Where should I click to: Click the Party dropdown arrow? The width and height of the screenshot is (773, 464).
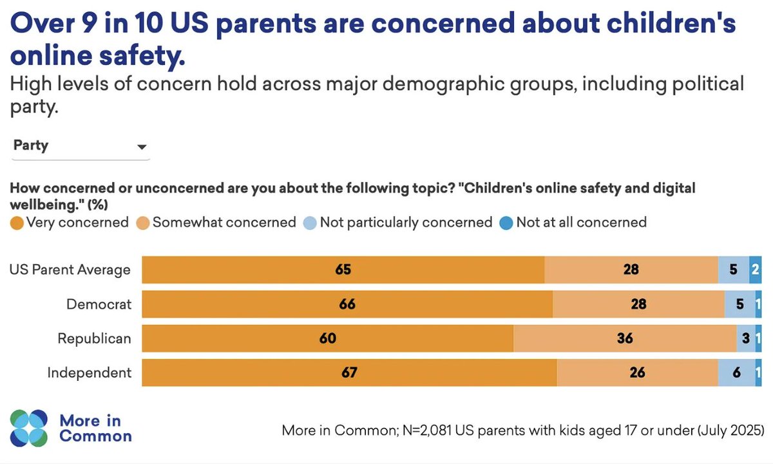[x=142, y=147]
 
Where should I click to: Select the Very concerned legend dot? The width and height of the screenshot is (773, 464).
[x=17, y=223]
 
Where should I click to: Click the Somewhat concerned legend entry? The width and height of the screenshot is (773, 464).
[x=216, y=222]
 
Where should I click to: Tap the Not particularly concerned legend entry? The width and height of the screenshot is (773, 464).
[x=398, y=222]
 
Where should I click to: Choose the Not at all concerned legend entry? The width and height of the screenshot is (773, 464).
[x=573, y=222]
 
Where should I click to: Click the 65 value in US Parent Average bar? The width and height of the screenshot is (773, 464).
[x=343, y=269]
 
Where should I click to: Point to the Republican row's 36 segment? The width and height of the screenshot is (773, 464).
[x=624, y=338]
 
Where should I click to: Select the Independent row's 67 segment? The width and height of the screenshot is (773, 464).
[x=348, y=372]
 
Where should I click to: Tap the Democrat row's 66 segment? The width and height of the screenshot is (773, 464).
[x=347, y=304]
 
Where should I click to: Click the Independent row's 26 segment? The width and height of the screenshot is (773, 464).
[x=637, y=372]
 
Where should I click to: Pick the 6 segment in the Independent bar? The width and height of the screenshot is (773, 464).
[x=736, y=372]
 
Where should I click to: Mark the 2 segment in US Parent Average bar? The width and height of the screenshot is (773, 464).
[x=755, y=269]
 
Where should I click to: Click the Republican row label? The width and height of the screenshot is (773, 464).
[x=94, y=338]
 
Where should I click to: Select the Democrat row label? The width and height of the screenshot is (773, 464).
[x=99, y=304]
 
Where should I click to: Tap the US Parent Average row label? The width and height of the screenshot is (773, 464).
[x=70, y=269]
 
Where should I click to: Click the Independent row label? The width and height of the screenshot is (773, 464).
[x=90, y=372]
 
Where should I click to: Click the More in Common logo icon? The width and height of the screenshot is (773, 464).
[x=29, y=428]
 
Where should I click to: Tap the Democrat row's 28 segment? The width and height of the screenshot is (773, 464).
[x=638, y=304]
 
